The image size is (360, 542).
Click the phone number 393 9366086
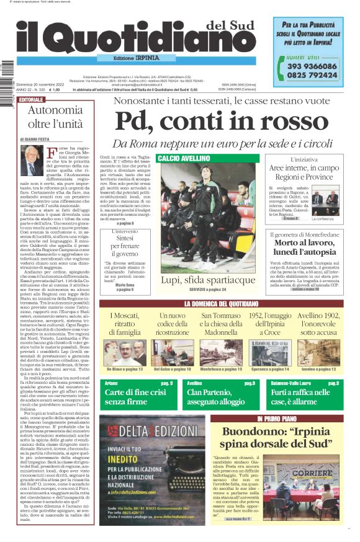click(x=312, y=66)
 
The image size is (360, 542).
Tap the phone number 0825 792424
click(x=312, y=75)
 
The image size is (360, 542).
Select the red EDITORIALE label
click(x=32, y=99)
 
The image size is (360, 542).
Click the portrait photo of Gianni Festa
click(x=30, y=160)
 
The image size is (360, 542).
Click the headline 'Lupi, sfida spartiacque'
click(x=207, y=280)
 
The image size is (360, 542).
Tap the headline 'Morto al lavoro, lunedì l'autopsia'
click(x=303, y=248)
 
